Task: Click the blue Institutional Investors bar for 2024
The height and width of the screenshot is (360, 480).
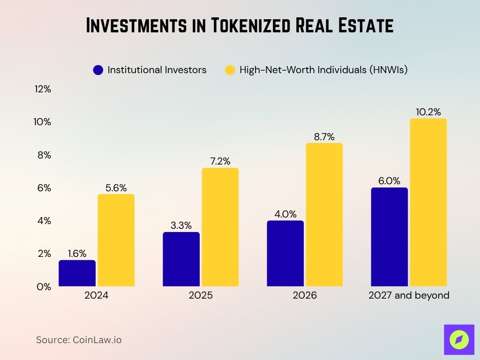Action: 77,273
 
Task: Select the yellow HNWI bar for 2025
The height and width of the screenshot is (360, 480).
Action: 220,227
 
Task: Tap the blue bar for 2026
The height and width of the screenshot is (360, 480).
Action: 285,253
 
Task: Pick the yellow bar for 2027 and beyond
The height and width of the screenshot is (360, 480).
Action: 428,202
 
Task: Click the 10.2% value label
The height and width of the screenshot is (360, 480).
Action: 428,112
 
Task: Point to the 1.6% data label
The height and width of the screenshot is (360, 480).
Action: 77,254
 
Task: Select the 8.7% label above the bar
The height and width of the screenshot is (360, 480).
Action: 324,137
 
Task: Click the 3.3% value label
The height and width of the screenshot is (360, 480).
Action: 181,225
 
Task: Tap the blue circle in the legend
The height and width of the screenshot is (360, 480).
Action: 98,70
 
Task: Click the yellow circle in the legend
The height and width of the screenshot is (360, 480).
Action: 230,70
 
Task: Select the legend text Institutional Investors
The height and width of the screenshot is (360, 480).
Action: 157,70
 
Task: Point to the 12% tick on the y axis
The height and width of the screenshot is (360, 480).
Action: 43,89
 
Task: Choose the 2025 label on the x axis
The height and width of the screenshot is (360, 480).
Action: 200,295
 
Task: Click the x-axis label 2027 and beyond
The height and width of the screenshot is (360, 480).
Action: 409,295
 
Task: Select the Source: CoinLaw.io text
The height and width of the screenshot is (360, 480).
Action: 79,340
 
